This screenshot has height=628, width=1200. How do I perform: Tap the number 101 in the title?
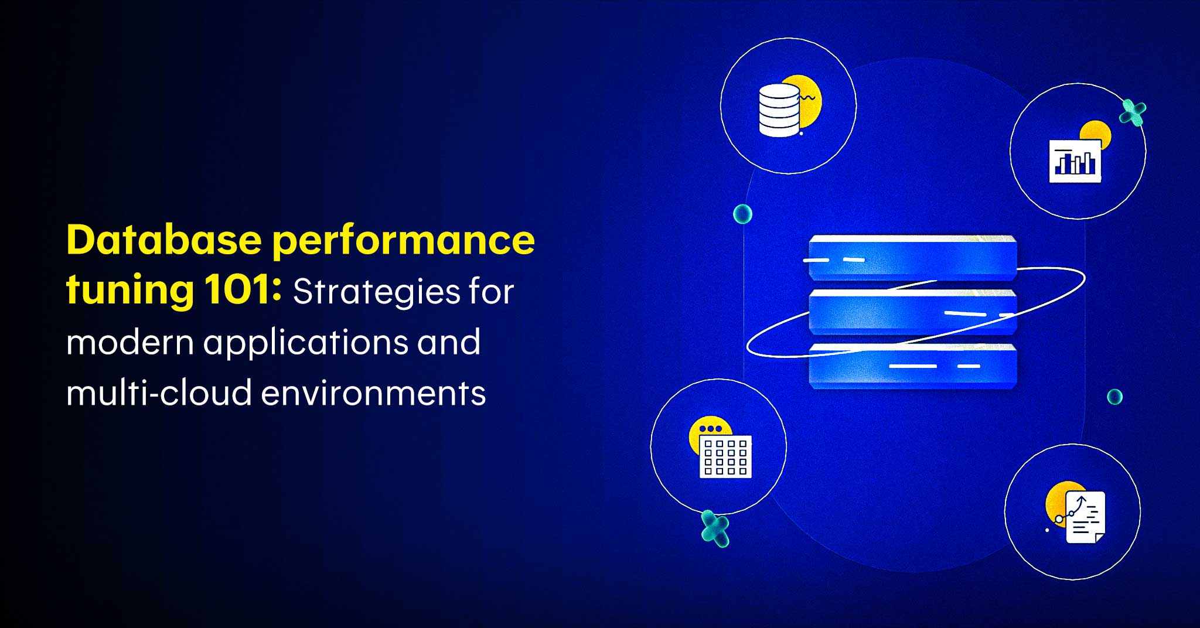point(243,289)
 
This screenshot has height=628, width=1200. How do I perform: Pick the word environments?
point(373,393)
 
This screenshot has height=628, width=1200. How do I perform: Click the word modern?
point(130,342)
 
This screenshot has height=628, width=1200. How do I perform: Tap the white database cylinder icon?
point(779,110)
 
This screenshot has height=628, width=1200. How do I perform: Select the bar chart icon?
point(1075,161)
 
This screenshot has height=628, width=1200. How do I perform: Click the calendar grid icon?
point(725,456)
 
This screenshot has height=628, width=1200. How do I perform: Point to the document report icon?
point(1085,517)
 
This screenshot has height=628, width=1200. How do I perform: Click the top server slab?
point(912,257)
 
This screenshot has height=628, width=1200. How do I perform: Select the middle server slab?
point(912,312)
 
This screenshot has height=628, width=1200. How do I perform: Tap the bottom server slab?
point(912,367)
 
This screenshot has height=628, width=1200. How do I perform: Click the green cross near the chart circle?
point(1133,112)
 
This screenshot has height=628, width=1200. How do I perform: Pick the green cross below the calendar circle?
point(715,529)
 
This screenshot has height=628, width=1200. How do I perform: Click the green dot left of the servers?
point(743,214)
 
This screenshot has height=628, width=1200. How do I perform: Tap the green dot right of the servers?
point(1115,397)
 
